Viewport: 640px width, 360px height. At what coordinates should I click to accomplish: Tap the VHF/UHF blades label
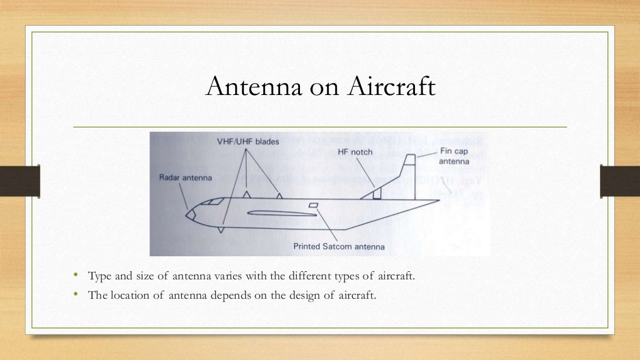249,142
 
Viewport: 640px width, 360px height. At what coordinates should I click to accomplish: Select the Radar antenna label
186,177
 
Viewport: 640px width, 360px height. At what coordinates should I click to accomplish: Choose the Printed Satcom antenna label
339,246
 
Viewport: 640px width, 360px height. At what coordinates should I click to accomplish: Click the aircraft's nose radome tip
187,214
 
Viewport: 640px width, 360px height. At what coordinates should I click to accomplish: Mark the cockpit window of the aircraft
214,201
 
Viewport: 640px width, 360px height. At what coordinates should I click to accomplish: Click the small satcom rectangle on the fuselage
314,206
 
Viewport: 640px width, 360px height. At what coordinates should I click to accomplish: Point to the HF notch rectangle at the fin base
377,194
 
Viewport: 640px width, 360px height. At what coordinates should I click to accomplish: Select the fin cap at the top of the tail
410,159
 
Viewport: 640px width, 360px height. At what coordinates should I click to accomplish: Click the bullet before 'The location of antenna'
74,295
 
